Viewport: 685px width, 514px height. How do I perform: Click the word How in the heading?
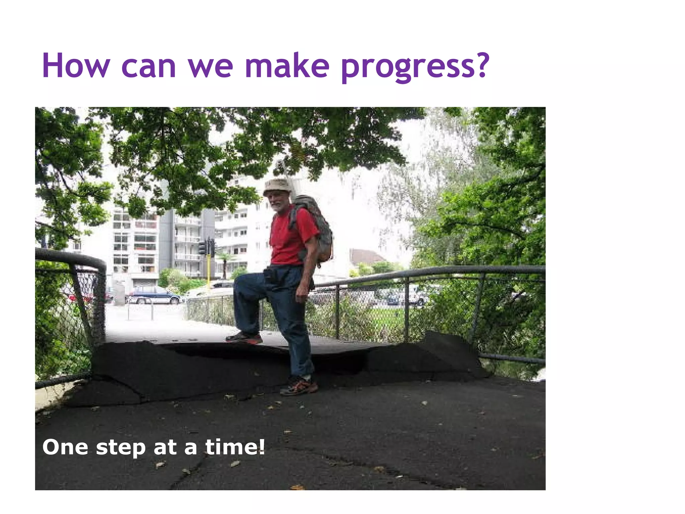[x=76, y=66]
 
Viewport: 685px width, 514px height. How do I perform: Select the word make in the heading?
[x=287, y=66]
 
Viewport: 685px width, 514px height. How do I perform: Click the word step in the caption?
[x=120, y=448]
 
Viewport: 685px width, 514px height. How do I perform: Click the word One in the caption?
[x=65, y=447]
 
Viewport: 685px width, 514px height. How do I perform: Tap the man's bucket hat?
[x=278, y=186]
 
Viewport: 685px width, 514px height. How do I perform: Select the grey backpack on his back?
[x=316, y=224]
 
